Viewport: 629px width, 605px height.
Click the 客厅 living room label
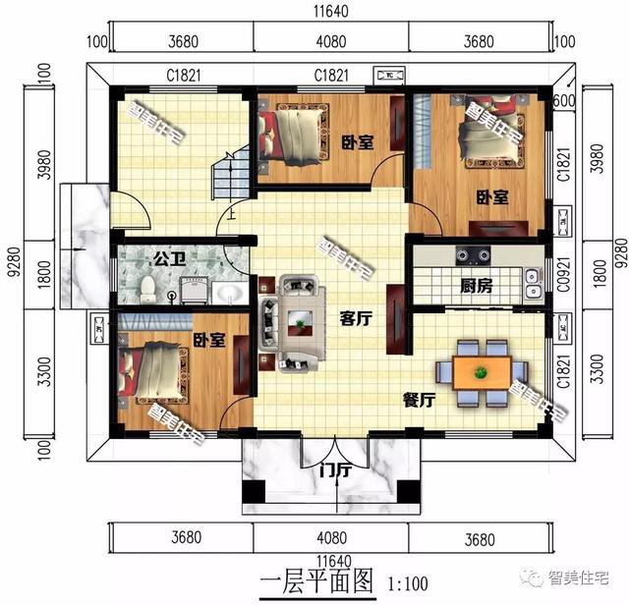pos(356,318)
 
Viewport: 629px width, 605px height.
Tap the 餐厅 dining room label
pos(420,400)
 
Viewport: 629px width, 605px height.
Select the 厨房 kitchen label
pos(479,287)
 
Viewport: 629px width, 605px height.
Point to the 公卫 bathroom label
pos(165,261)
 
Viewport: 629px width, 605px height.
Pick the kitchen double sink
pos(531,282)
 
